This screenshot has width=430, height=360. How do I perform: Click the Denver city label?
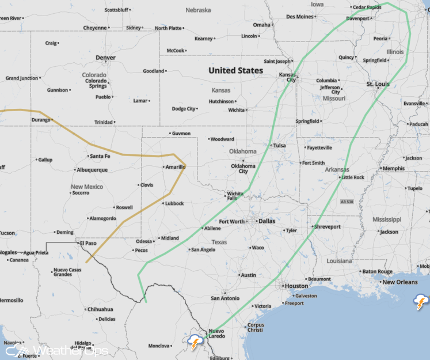click(105, 58)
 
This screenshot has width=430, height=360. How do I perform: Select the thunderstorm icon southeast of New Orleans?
click(421, 301)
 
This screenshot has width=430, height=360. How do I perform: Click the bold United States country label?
click(235, 70)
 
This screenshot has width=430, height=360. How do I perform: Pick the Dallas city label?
click(267, 221)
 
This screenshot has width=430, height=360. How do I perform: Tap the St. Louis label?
click(378, 84)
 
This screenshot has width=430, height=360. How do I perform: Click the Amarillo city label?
click(176, 167)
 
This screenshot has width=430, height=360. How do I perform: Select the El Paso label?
click(88, 243)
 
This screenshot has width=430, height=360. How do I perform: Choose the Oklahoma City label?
click(243, 168)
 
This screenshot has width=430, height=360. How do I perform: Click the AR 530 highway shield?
click(347, 202)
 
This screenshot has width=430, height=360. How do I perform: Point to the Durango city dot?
click(51, 120)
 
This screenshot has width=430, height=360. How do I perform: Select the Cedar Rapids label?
click(367, 7)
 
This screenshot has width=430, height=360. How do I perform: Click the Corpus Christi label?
click(256, 328)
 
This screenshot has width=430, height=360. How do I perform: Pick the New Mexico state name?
click(87, 187)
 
